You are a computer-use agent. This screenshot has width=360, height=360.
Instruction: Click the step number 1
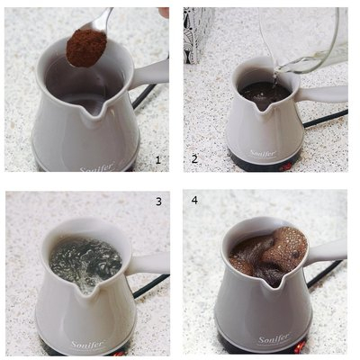pyautogui.click(x=158, y=159)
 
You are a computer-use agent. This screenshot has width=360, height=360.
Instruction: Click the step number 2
pyautogui.click(x=193, y=159)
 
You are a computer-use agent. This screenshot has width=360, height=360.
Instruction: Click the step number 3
pyautogui.click(x=158, y=202)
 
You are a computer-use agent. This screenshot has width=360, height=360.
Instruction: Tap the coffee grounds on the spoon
pyautogui.click(x=85, y=48)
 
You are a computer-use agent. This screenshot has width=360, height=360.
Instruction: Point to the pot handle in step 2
pyautogui.click(x=324, y=94)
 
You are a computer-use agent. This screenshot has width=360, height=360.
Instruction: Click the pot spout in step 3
pyautogui.click(x=85, y=286)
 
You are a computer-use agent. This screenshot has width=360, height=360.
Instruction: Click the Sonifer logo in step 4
pyautogui.click(x=274, y=340)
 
